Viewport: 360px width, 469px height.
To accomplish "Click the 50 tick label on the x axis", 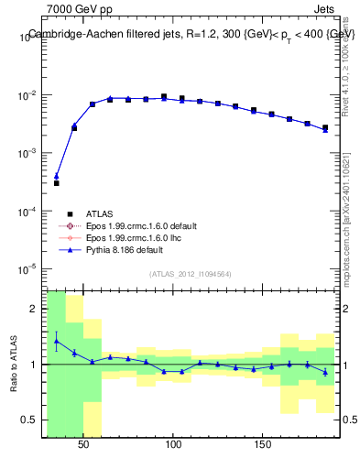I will (x=84, y=444).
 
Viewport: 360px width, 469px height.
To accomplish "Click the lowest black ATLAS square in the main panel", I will (x=56, y=183).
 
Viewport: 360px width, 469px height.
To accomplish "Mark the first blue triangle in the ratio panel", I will (x=56, y=341).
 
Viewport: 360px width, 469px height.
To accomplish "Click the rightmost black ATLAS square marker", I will (x=324, y=127).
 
